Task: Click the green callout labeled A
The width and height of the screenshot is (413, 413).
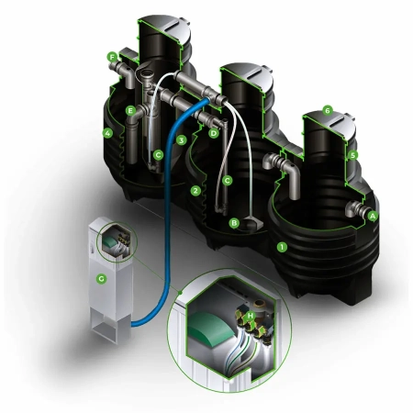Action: click(x=373, y=217)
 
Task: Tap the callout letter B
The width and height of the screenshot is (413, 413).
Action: click(x=234, y=223)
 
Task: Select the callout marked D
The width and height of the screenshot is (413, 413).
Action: click(x=214, y=133)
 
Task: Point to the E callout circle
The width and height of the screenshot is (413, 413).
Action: click(x=130, y=110)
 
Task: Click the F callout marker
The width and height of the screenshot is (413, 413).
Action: click(x=112, y=57)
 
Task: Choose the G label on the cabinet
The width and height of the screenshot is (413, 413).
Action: click(x=101, y=279)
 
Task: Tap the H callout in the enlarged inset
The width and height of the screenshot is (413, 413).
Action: click(x=251, y=316)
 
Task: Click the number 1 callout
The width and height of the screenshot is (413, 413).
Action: click(x=282, y=247)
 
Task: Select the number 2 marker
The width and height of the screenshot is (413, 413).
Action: click(x=195, y=191)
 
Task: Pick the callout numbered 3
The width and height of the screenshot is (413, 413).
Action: click(x=182, y=140)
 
